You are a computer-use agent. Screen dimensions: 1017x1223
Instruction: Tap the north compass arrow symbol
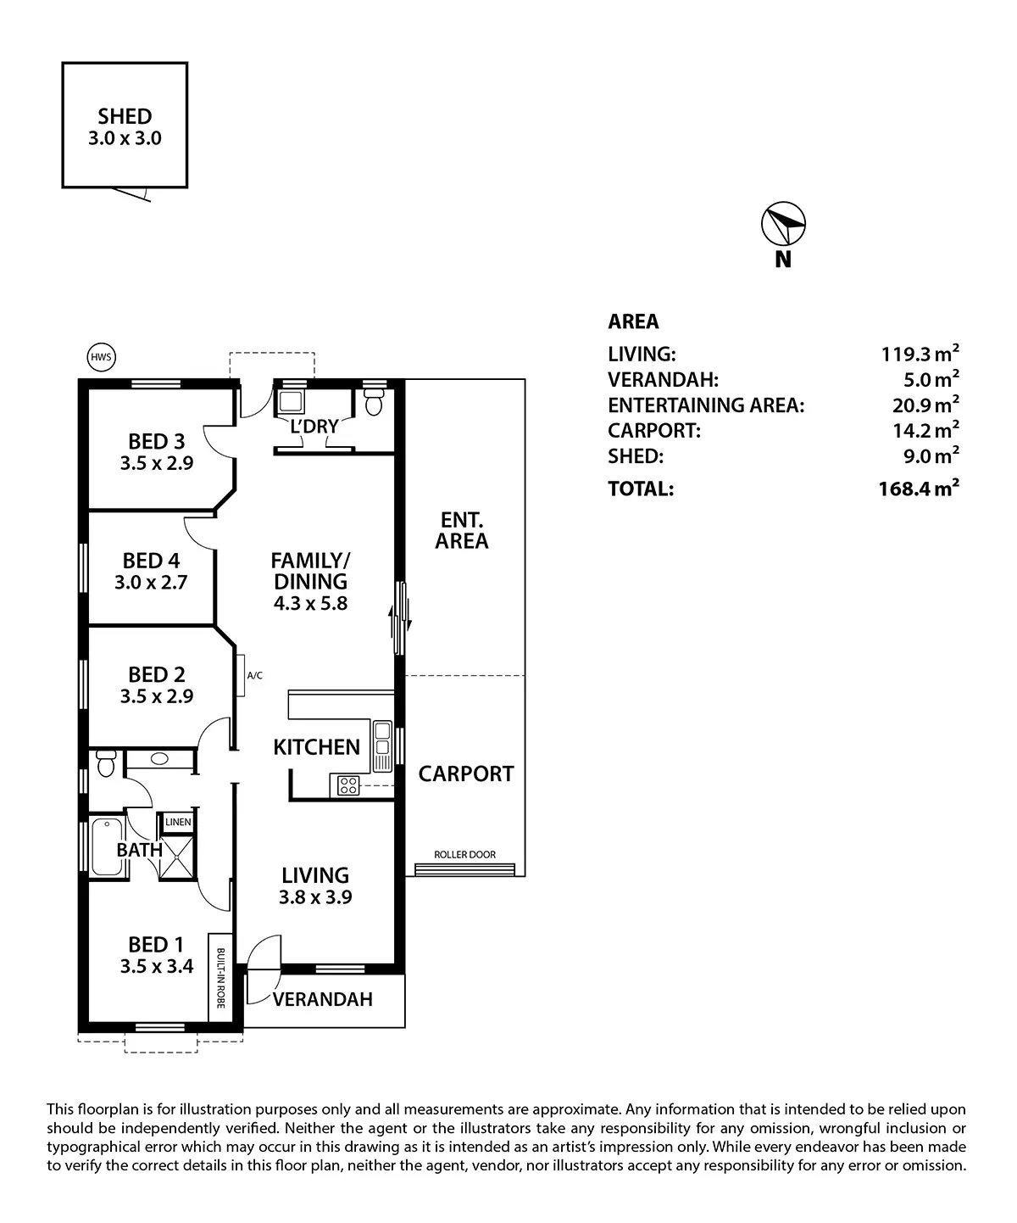click(783, 224)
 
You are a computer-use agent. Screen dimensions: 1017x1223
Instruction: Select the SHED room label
click(125, 116)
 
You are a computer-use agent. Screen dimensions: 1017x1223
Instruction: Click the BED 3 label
click(156, 441)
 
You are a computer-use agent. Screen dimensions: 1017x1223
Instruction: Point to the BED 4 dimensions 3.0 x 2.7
click(151, 583)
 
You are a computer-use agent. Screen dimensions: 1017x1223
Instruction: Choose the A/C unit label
click(254, 676)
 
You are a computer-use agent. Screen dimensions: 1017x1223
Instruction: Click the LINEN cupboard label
click(178, 822)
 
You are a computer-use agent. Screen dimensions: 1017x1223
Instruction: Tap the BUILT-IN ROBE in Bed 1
click(220, 978)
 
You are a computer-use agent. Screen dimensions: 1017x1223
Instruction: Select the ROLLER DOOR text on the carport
click(464, 854)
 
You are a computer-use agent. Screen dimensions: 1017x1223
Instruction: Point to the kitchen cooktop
click(347, 785)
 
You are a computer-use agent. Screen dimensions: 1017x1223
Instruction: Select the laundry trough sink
click(292, 402)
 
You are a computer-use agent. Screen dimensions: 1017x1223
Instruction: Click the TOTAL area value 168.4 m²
click(919, 489)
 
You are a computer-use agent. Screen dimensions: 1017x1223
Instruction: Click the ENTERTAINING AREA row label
click(705, 405)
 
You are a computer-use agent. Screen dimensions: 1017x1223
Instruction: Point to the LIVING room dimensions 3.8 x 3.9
click(315, 896)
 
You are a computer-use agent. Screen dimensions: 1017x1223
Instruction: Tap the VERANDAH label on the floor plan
click(322, 999)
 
